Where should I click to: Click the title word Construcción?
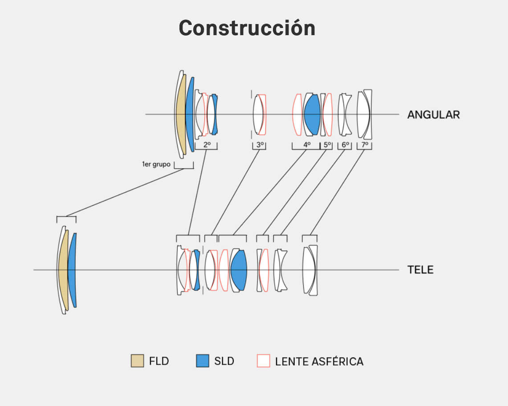247,28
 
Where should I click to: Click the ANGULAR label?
434,115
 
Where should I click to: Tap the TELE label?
420,270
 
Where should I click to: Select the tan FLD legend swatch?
137,361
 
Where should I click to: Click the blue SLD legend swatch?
203,361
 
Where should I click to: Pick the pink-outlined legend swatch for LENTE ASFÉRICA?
264,361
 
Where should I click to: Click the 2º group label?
207,145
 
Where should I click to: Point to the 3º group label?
260,145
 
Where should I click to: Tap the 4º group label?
307,145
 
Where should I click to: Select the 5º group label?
327,145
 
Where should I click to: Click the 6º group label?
345,145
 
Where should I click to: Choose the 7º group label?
365,145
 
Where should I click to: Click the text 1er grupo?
156,164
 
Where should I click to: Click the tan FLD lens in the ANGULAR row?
181,114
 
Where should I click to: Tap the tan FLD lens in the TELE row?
64,270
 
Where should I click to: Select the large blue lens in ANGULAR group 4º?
312,114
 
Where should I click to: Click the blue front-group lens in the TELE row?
72,270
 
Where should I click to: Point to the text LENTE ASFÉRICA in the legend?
319,361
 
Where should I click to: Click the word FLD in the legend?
159,361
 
